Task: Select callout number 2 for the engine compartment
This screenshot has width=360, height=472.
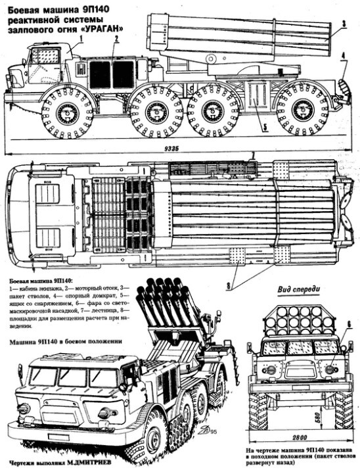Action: [x=115, y=39]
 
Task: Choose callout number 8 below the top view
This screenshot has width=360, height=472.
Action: [x=229, y=286]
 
